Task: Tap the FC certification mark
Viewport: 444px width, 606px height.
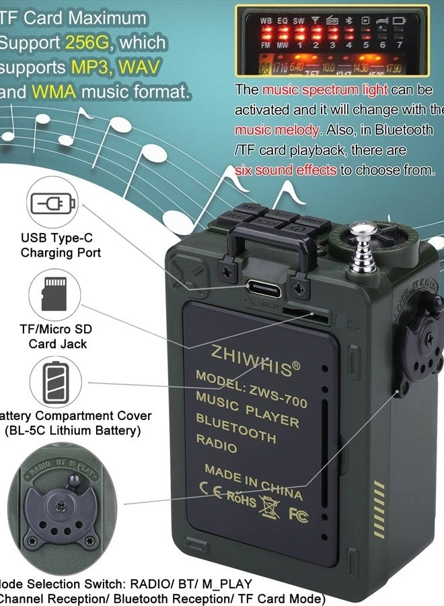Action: pyautogui.click(x=298, y=514)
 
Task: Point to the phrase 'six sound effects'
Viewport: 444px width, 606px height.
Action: pyautogui.click(x=285, y=170)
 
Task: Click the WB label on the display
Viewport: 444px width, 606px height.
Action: pyautogui.click(x=266, y=21)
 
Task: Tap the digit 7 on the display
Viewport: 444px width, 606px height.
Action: pyautogui.click(x=399, y=45)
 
